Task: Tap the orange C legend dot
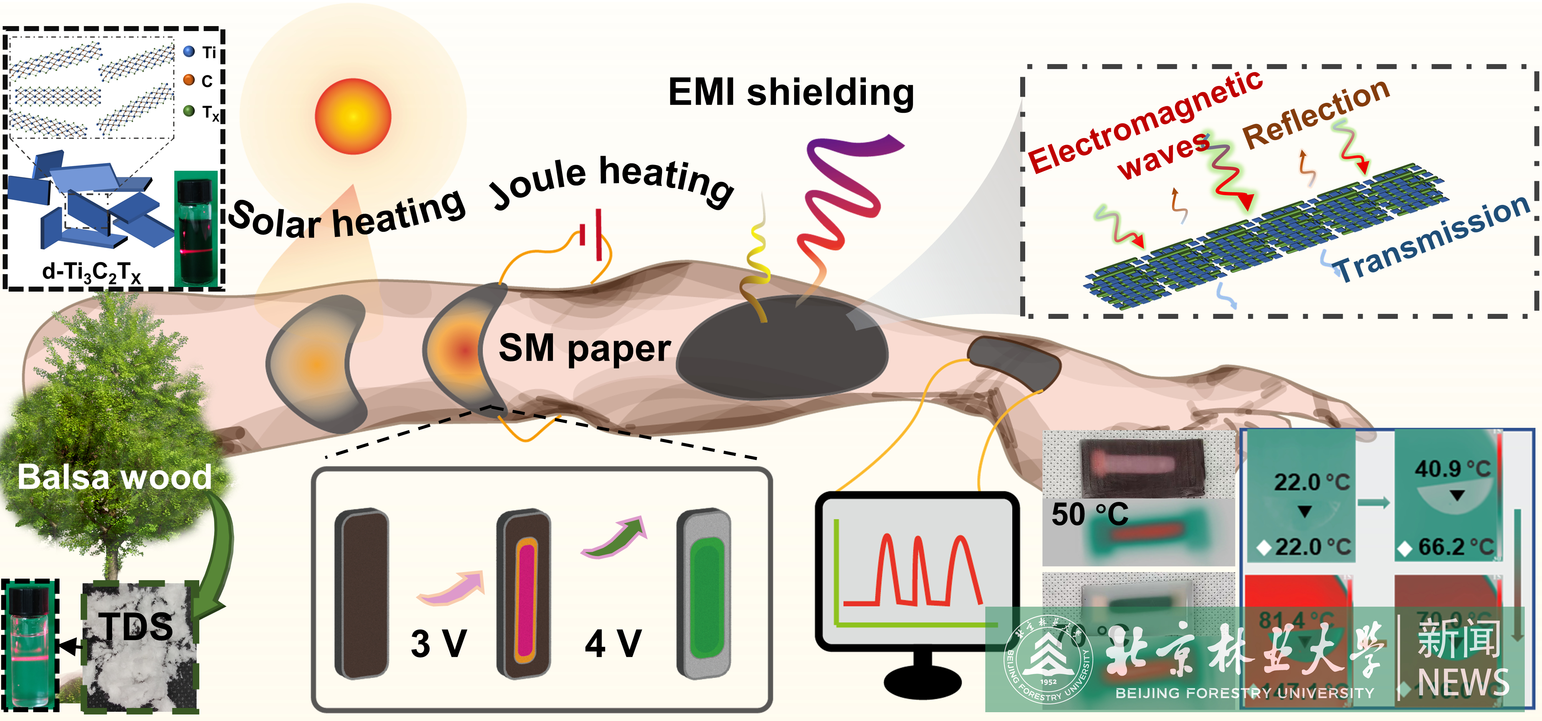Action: pyautogui.click(x=189, y=80)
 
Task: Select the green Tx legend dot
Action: pyautogui.click(x=189, y=111)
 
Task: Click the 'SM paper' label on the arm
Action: pyautogui.click(x=584, y=348)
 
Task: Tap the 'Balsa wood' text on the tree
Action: pyautogui.click(x=114, y=477)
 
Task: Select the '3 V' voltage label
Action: pyautogui.click(x=439, y=644)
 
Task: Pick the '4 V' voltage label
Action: pyautogui.click(x=613, y=644)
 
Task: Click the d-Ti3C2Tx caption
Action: pyautogui.click(x=91, y=273)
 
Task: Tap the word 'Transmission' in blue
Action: pyautogui.click(x=1431, y=239)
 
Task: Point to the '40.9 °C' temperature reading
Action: pyautogui.click(x=1452, y=469)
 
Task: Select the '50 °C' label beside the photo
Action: pyautogui.click(x=1089, y=515)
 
